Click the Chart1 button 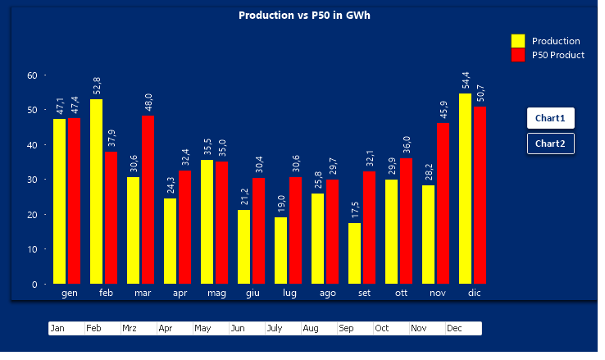[x=550, y=118]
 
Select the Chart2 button [x=550, y=144]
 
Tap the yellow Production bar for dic [x=466, y=189]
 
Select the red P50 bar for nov [x=443, y=203]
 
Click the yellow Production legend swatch [x=518, y=41]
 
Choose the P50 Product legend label [x=557, y=55]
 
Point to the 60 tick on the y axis [x=33, y=75]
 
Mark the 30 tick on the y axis [x=33, y=180]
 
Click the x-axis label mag [x=216, y=293]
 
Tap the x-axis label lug [x=289, y=293]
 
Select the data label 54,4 [x=466, y=80]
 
